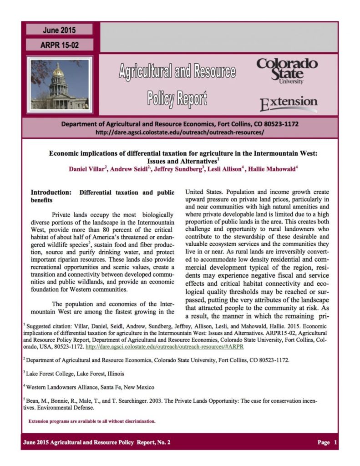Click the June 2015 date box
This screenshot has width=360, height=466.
[x=59, y=30]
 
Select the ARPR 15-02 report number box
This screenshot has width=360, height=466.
[x=59, y=45]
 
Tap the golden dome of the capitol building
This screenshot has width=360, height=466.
[x=58, y=71]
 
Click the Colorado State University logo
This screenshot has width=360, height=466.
[x=287, y=70]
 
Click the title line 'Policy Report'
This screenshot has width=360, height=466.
[x=177, y=97]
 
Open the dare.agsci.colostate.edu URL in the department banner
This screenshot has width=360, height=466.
[x=180, y=132]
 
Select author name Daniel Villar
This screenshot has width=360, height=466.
[x=87, y=169]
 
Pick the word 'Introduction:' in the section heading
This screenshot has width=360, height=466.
[x=51, y=192]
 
